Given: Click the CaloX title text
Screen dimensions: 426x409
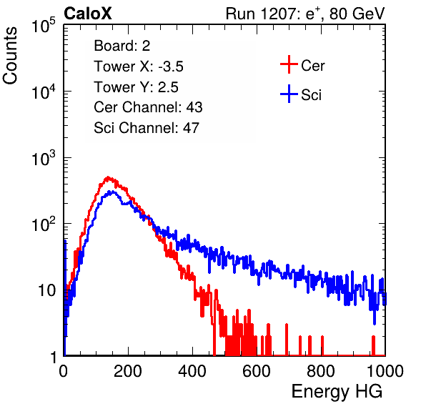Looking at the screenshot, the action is coord(87,14).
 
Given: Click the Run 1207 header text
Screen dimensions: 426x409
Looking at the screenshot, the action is coord(305,14).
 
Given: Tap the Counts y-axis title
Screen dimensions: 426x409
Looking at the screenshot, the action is coord(10,56).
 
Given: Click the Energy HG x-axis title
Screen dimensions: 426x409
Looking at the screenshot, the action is coord(337,391).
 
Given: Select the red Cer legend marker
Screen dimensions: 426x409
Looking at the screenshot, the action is coord(289,64).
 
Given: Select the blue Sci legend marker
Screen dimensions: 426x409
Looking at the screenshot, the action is coord(289,94).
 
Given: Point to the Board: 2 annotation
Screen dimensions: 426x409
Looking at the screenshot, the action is coord(122,46).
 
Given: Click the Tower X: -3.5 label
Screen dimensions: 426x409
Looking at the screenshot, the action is coord(139,66).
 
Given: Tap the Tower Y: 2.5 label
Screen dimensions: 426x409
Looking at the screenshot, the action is coord(136,87).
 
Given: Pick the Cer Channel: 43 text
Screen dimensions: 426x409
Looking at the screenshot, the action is coord(148,107).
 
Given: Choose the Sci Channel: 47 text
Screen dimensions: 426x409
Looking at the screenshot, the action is coord(147,128).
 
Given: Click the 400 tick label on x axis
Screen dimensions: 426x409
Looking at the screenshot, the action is coord(192,371).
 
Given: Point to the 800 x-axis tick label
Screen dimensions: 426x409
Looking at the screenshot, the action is coord(321,371).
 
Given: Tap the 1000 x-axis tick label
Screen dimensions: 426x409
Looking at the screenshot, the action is coord(385,371).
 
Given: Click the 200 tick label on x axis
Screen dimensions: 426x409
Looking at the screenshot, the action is coord(128,371).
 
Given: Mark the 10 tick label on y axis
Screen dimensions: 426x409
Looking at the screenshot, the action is coord(47,290).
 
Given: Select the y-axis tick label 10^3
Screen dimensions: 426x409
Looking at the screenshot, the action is coord(44,158).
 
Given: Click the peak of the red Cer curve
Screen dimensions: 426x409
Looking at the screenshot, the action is coord(108,177).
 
